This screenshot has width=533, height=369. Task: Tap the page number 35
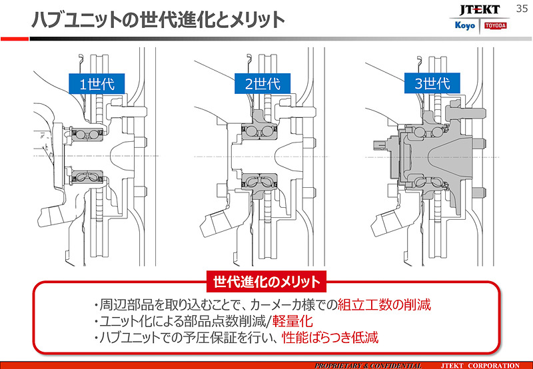point(522,8)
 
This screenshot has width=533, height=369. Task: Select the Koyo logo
point(464,25)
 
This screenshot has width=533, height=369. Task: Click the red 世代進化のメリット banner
point(266,280)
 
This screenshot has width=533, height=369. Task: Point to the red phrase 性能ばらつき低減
point(330,338)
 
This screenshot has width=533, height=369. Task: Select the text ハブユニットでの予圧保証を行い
point(189,338)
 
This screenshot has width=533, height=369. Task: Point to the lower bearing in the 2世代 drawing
point(257,181)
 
